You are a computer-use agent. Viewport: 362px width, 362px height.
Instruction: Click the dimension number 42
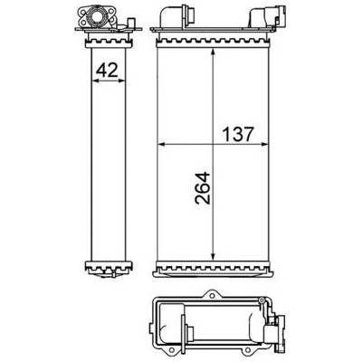(x=107, y=71)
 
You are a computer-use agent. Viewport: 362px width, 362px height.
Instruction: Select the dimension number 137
(x=237, y=134)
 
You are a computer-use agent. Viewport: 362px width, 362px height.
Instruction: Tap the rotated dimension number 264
(x=203, y=188)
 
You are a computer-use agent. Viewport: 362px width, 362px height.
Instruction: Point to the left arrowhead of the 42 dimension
(x=94, y=81)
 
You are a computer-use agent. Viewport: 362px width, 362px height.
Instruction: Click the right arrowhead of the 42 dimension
(x=121, y=81)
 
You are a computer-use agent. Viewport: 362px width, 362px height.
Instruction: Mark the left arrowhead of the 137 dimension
(x=161, y=145)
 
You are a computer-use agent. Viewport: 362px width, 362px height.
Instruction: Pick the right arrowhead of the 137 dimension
(x=264, y=145)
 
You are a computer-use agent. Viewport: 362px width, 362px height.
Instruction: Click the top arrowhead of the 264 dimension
(x=213, y=52)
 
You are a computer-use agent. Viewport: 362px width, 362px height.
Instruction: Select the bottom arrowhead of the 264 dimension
(x=213, y=255)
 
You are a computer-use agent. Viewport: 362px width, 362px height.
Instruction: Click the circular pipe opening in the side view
(x=97, y=15)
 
